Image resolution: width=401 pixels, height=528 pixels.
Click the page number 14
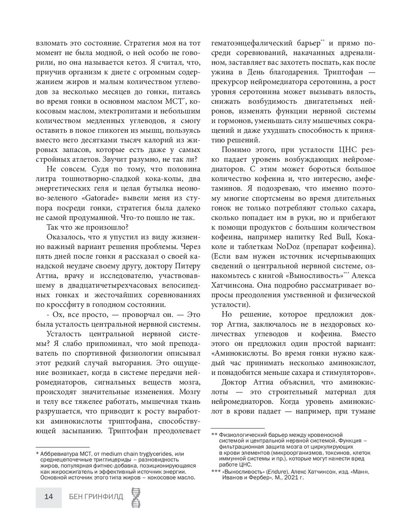[49, 496]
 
